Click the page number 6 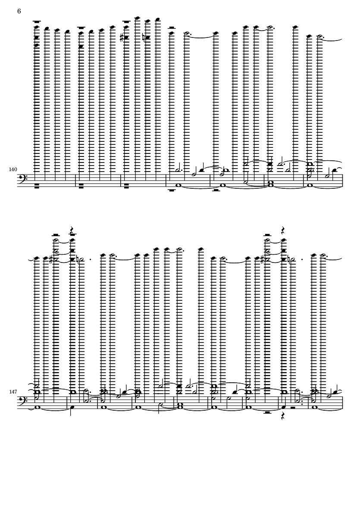point(19,11)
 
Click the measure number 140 point(13,169)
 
